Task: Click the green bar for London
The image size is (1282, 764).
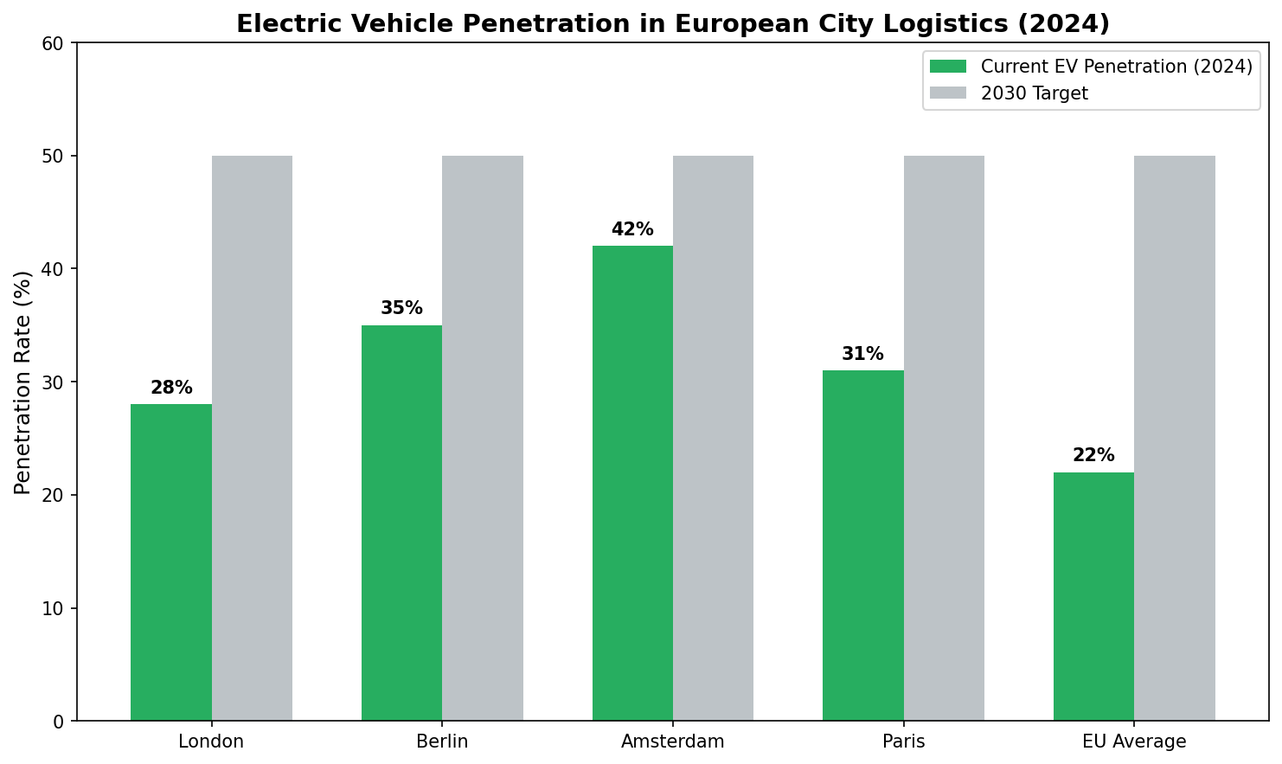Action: [171, 562]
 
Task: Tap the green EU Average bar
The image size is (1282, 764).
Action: [1093, 596]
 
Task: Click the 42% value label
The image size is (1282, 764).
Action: [632, 230]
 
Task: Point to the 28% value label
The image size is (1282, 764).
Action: [171, 388]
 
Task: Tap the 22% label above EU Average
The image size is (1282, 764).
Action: [1093, 456]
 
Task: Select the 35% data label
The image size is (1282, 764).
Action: [401, 309]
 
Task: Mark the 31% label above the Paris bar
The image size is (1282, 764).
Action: [862, 355]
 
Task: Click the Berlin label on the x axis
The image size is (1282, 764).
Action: [442, 742]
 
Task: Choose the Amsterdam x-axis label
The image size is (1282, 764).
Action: [673, 742]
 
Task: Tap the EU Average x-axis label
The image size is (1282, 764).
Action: [1134, 742]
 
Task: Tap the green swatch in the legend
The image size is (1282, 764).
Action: [947, 67]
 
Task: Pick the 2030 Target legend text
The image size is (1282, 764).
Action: [1034, 93]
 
